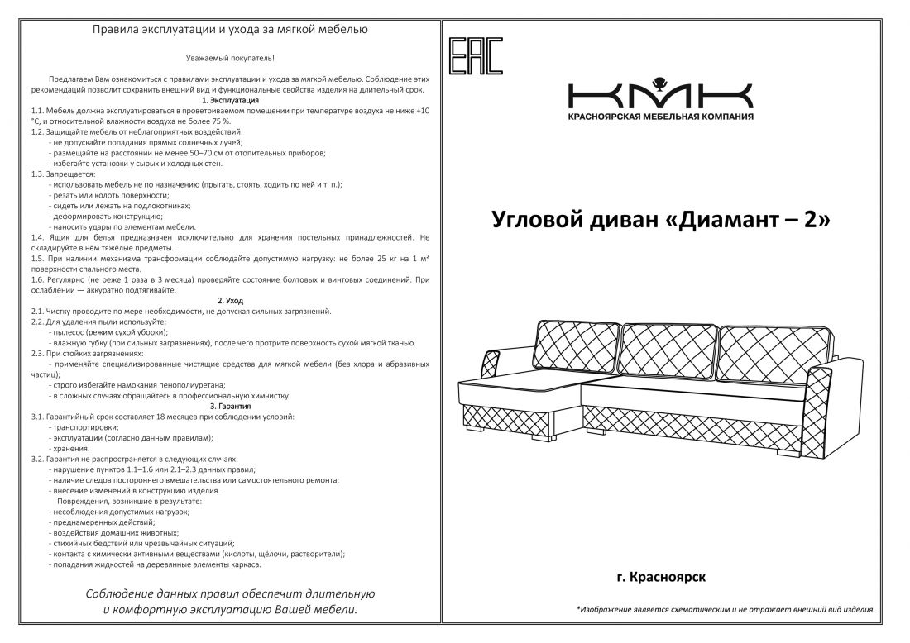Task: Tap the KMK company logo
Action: click(660, 93)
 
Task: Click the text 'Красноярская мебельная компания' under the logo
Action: click(660, 117)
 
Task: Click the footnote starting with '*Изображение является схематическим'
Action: click(725, 610)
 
